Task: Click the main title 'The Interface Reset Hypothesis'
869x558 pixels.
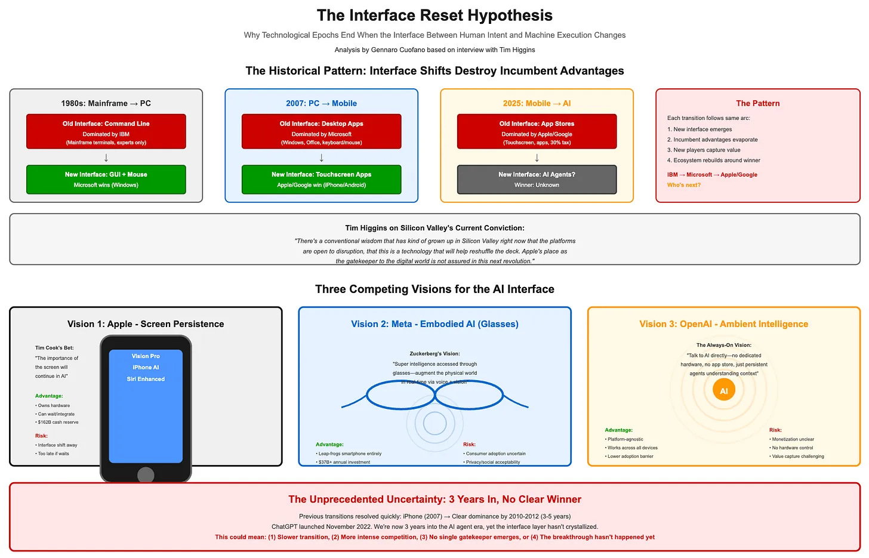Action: point(434,16)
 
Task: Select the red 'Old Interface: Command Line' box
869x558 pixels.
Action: point(106,131)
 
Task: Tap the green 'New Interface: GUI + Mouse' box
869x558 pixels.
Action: point(106,179)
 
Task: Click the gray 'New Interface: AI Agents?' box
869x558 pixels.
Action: point(537,179)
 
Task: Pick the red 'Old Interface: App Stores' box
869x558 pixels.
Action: point(537,131)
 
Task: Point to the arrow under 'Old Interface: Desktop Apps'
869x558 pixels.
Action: point(322,158)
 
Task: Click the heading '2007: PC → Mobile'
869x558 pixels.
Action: point(321,103)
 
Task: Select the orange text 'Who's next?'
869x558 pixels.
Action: point(684,185)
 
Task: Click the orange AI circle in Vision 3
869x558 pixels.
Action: point(723,391)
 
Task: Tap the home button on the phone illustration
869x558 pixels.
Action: point(146,475)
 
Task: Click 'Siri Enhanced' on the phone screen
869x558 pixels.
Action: point(146,379)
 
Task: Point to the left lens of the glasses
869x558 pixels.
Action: point(400,395)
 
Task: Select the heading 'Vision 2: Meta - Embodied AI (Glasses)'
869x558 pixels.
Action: point(434,324)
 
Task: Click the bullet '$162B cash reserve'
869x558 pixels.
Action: point(58,422)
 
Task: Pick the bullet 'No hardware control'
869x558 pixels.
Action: point(792,448)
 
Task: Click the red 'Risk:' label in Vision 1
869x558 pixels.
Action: point(41,436)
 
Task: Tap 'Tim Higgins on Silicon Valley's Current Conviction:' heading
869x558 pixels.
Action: point(434,228)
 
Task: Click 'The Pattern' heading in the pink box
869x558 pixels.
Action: point(757,103)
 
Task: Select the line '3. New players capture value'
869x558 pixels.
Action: point(704,150)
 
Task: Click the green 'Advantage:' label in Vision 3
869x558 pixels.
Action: point(618,430)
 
